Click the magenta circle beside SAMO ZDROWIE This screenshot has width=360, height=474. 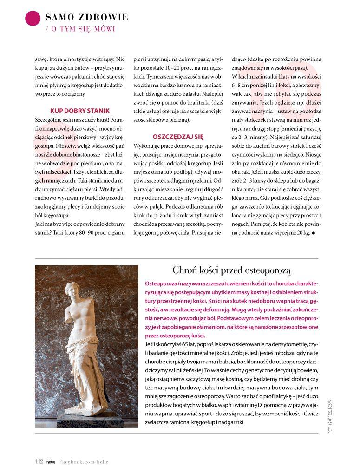point(33,18)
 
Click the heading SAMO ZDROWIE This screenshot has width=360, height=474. point(87,18)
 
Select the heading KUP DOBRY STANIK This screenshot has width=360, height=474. point(79,111)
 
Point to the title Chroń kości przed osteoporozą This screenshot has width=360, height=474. point(231,270)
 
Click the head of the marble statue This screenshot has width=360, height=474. point(73,291)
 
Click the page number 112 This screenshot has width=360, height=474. point(39,461)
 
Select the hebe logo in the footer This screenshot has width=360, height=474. point(51,462)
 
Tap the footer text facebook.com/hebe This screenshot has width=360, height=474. point(85,462)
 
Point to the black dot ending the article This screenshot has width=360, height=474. point(314,233)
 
